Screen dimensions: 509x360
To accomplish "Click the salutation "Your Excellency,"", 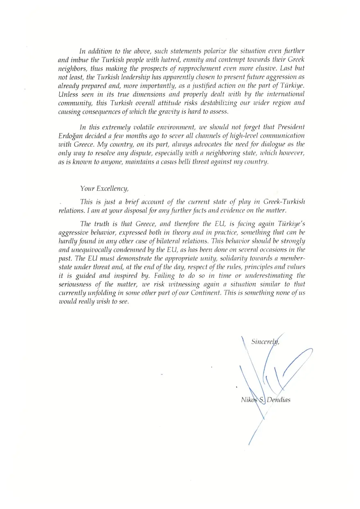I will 105,188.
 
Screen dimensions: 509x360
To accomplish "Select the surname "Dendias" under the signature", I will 279,400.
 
